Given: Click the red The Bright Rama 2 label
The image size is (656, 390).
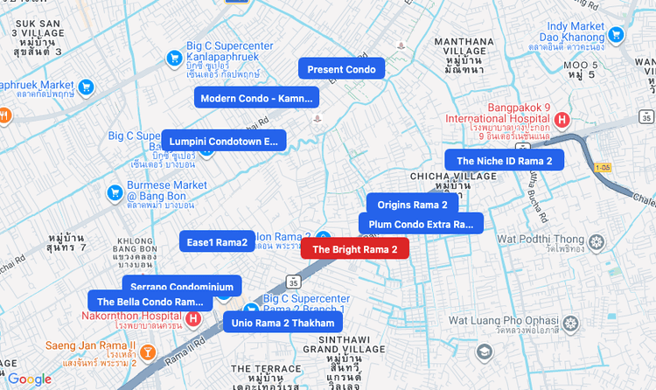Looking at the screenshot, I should [354, 249].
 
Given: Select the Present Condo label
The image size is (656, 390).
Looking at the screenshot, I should [342, 69].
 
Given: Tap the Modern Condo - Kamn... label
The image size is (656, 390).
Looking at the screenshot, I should [256, 98].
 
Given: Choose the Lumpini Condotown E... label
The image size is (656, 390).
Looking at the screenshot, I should [223, 140].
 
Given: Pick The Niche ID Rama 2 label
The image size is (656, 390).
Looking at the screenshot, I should [504, 160].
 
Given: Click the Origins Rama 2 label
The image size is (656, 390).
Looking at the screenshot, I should [412, 205].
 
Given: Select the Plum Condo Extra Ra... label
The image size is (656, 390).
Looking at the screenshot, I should [420, 224].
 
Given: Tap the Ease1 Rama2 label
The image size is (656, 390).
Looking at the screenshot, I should [217, 241].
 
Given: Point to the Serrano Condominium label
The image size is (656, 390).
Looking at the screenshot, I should [183, 286].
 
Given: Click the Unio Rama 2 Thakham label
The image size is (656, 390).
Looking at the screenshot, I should [283, 323].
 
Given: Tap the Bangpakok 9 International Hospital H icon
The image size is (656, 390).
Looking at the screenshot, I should [562, 120].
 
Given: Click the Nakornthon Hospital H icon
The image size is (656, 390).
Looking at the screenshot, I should [193, 319].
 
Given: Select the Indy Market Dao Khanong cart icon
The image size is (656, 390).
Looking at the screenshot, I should [617, 35].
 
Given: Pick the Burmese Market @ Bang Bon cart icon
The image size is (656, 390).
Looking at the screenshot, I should [114, 192].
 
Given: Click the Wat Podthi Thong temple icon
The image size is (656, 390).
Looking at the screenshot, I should [597, 242].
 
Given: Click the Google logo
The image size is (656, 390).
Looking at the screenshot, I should [30, 379].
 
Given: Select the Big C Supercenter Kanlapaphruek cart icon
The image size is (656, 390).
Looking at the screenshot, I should [174, 59].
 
